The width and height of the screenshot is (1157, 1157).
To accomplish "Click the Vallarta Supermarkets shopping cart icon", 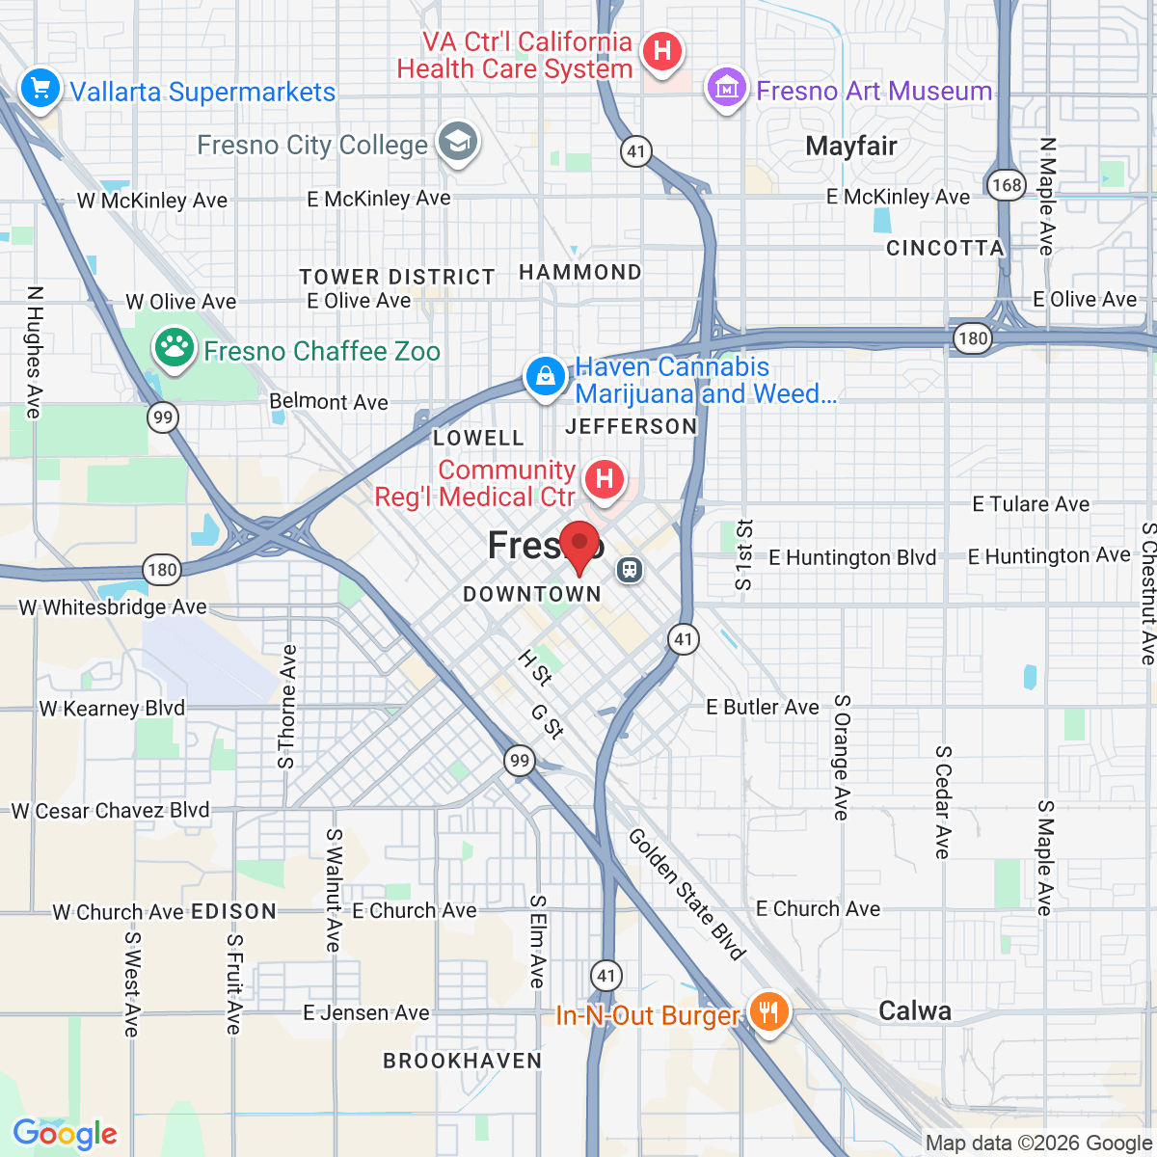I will coord(40,90).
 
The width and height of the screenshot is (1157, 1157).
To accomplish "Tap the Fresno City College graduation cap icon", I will coord(457,143).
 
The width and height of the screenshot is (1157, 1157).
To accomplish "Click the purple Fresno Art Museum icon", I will coord(727,90).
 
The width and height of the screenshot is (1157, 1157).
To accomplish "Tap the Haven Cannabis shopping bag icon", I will coord(546,376).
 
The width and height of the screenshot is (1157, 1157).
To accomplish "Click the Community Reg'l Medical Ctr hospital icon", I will coord(605,479).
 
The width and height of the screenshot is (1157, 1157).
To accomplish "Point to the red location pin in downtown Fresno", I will coord(579,546).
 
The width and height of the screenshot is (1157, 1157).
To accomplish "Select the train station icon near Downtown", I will coord(630,570).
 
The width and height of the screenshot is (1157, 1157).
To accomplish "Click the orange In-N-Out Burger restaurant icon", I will coord(768,1012).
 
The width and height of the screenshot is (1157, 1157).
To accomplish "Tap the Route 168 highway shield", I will coord(1006,184).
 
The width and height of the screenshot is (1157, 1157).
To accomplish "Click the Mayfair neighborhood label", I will coord(850,147).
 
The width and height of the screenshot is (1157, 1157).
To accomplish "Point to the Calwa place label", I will coord(914,1010).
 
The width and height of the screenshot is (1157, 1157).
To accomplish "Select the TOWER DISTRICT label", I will coord(396,278).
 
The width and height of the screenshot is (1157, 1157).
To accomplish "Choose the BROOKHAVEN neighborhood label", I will coord(463,1061).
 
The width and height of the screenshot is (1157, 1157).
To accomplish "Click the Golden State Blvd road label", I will coord(686,894).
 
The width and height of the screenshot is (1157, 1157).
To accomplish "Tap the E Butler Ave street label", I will coord(762,708).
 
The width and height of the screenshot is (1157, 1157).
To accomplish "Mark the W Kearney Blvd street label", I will coord(112,709).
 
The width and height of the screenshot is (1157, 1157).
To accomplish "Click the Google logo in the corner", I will coord(65,1134).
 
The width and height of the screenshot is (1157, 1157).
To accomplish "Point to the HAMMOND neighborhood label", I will coord(579,273).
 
